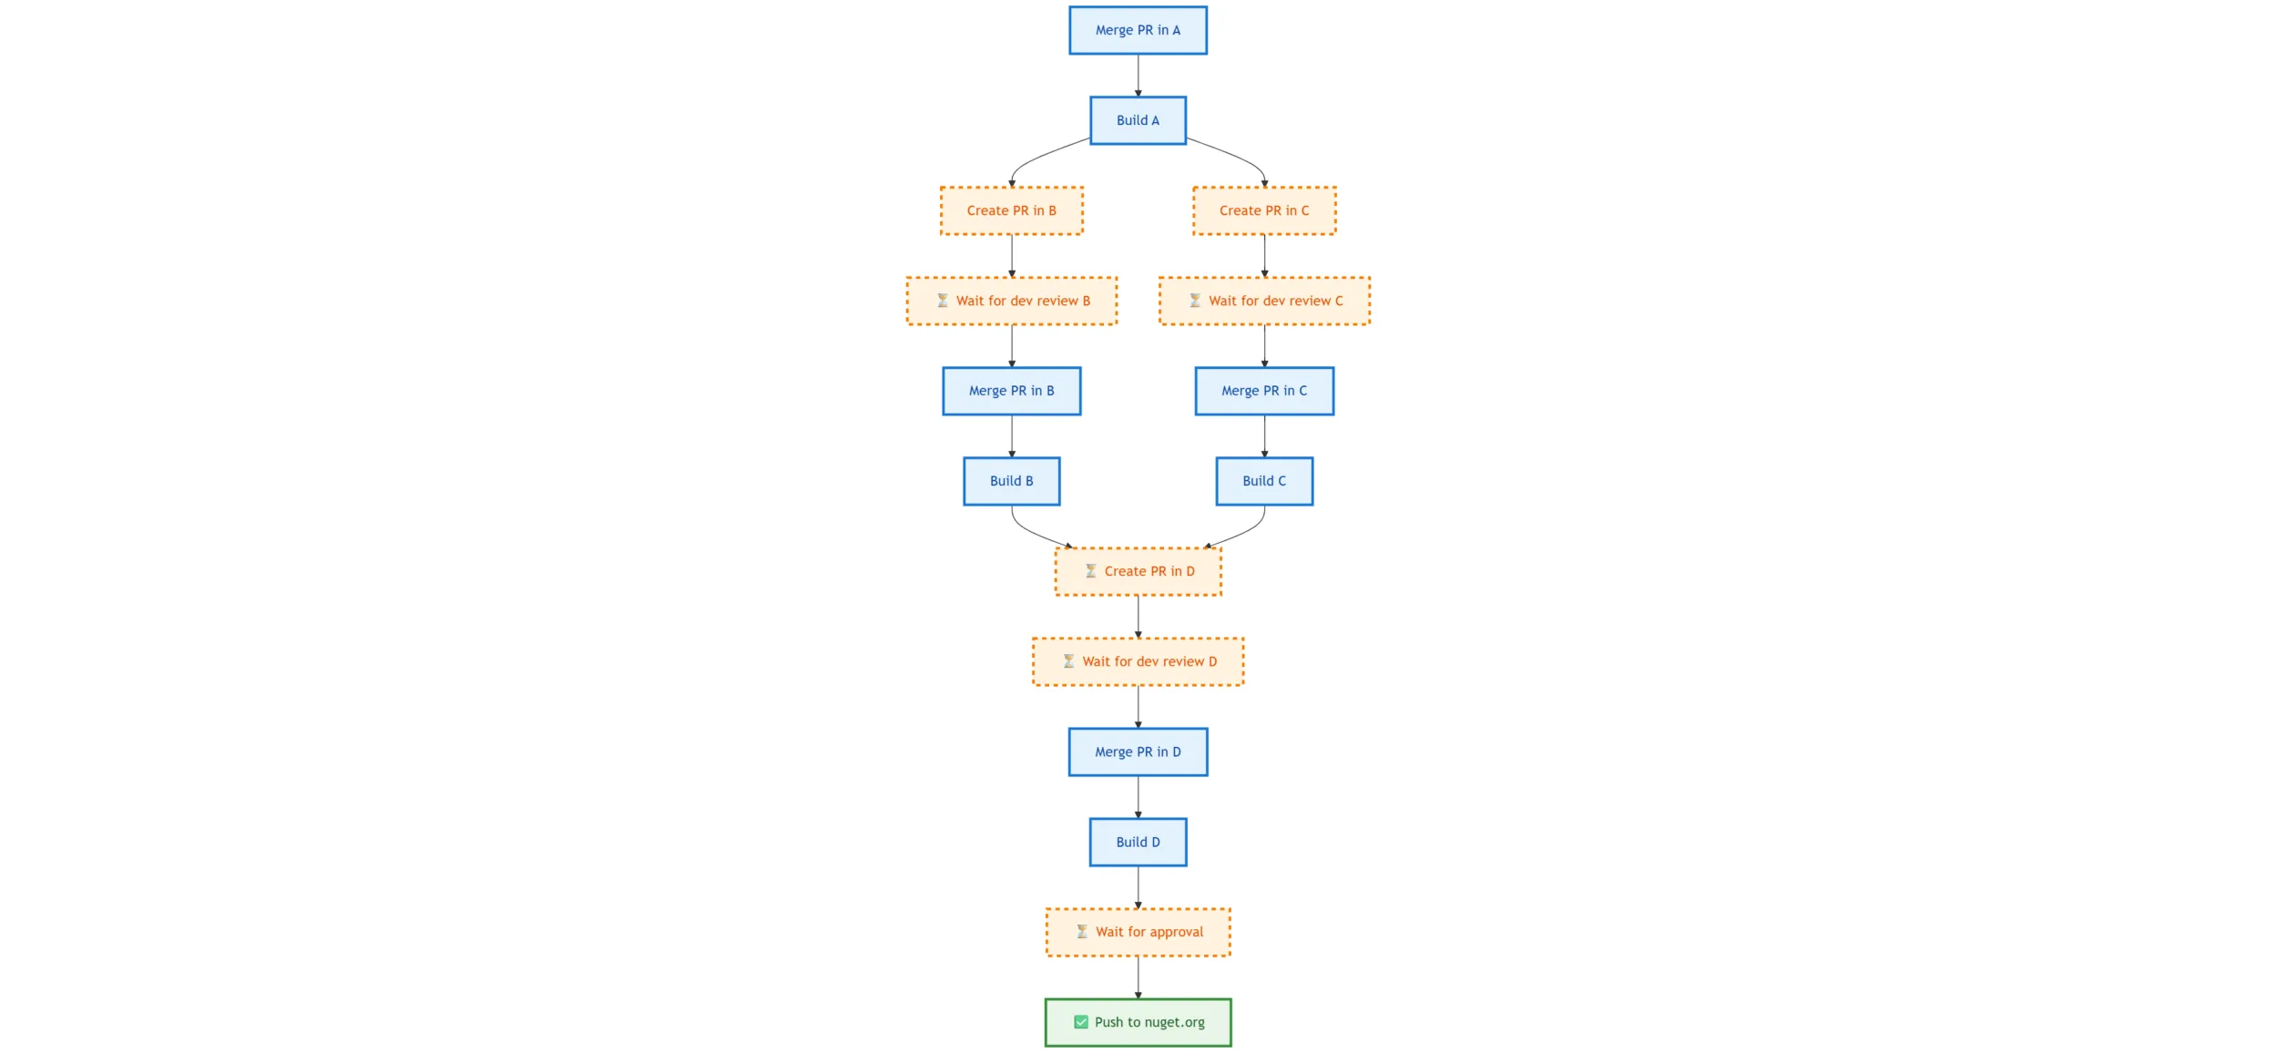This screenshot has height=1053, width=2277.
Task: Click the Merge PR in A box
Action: pos(1138,30)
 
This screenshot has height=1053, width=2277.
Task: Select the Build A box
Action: pos(1138,120)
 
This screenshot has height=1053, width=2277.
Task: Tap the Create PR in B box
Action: pos(1011,210)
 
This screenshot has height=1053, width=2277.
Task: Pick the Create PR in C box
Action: pos(1264,210)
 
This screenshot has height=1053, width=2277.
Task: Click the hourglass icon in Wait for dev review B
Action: pos(943,301)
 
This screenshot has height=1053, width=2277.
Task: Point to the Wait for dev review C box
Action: pos(1264,301)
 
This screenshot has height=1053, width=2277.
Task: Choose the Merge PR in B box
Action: pos(1011,391)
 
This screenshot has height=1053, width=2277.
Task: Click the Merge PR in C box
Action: pos(1264,391)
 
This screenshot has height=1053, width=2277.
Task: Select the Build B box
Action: pos(1011,481)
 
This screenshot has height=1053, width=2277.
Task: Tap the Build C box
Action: pos(1264,481)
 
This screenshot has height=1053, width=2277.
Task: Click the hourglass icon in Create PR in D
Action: pos(1090,571)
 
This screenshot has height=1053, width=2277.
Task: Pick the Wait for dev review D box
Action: pos(1138,661)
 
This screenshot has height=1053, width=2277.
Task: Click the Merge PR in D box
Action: pos(1138,751)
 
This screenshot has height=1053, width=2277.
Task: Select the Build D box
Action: pos(1138,842)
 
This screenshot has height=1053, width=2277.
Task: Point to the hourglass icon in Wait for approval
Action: pos(1082,932)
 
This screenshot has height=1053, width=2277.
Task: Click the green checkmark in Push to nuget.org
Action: pos(1081,1022)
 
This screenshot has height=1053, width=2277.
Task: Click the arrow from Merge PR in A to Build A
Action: pos(1138,75)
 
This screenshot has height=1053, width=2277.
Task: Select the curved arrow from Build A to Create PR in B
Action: pos(1038,158)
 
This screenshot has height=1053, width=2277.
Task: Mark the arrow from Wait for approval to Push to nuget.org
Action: pos(1138,976)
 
